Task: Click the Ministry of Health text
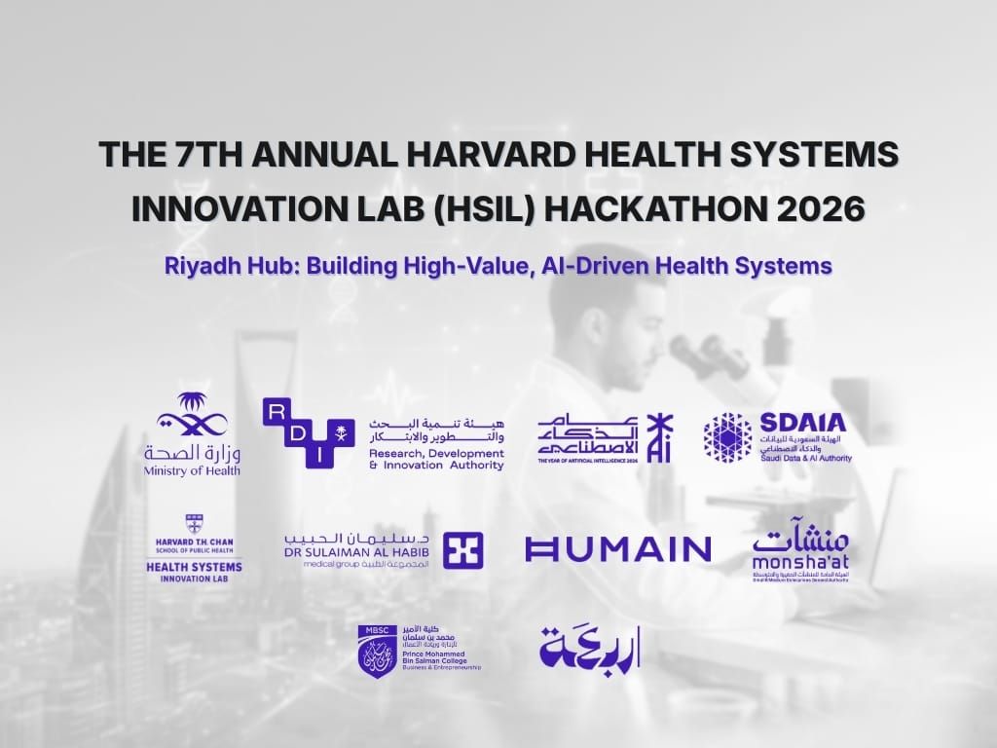click(x=192, y=470)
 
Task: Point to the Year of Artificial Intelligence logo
click(x=604, y=438)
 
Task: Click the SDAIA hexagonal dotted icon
click(x=727, y=436)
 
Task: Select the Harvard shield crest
click(x=194, y=523)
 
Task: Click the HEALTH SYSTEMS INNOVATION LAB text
click(x=194, y=571)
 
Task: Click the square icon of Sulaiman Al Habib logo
click(x=462, y=550)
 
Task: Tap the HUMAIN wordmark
click(x=617, y=549)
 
